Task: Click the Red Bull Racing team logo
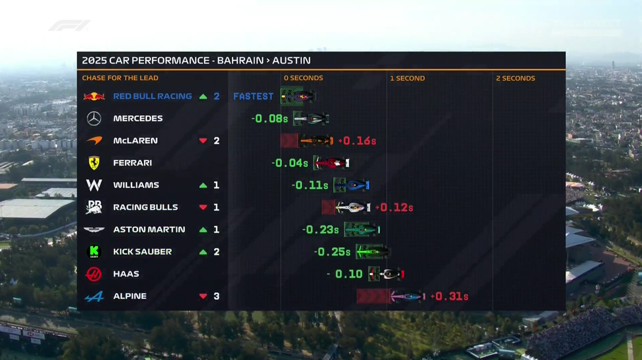click(x=94, y=96)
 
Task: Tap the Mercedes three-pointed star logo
click(x=94, y=118)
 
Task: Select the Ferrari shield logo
click(x=94, y=163)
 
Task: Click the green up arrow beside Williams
click(x=203, y=185)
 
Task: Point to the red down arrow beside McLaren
click(x=203, y=141)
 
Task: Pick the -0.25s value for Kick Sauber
click(x=332, y=252)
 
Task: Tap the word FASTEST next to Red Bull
click(x=253, y=96)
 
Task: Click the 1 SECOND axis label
click(x=407, y=78)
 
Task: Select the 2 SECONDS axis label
click(x=515, y=78)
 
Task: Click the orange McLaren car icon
click(x=316, y=141)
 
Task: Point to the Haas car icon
click(x=386, y=274)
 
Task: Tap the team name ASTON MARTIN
click(x=149, y=230)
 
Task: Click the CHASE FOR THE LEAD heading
click(x=120, y=78)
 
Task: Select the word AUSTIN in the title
click(x=291, y=61)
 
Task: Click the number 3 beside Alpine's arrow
click(x=216, y=296)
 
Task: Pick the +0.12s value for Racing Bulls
click(x=394, y=207)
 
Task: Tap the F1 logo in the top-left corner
click(x=69, y=25)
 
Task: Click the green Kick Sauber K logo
click(x=94, y=251)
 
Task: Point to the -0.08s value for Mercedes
click(x=269, y=118)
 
